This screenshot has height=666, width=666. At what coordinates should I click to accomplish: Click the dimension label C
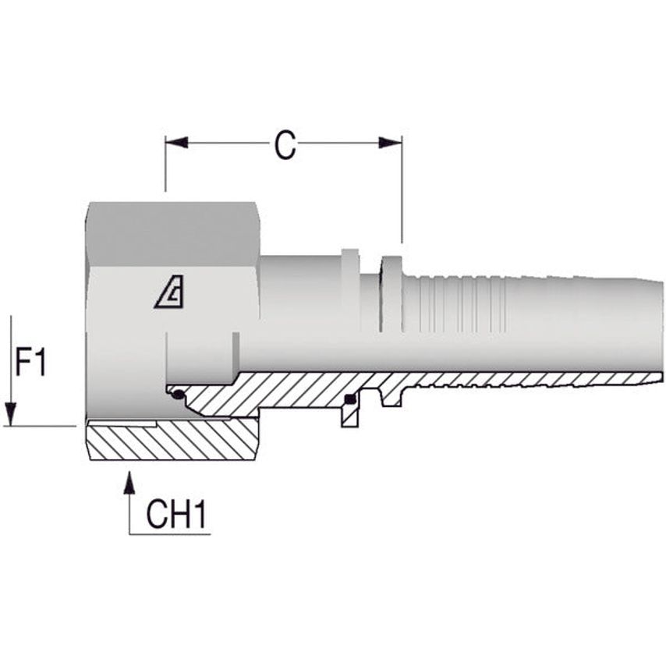[x=285, y=144]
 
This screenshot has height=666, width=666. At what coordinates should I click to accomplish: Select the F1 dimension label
[x=32, y=363]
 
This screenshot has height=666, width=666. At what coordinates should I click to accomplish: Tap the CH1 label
[x=175, y=515]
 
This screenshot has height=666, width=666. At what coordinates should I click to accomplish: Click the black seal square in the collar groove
[x=350, y=401]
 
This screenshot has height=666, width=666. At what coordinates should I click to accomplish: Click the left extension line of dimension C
[x=165, y=168]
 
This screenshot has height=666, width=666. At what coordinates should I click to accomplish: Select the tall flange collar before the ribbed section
[x=391, y=292]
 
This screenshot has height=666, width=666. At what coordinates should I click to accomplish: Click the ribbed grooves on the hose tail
[x=460, y=304]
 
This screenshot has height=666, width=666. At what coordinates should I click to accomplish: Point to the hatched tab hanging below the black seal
[x=350, y=417]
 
